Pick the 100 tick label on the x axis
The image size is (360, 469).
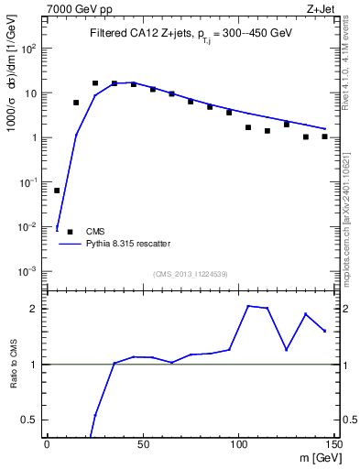click(x=238, y=444)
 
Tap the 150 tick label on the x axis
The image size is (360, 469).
click(x=333, y=444)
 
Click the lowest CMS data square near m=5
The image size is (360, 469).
click(x=57, y=191)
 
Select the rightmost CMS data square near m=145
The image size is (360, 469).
click(x=324, y=136)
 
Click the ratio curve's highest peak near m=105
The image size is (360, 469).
click(x=248, y=306)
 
